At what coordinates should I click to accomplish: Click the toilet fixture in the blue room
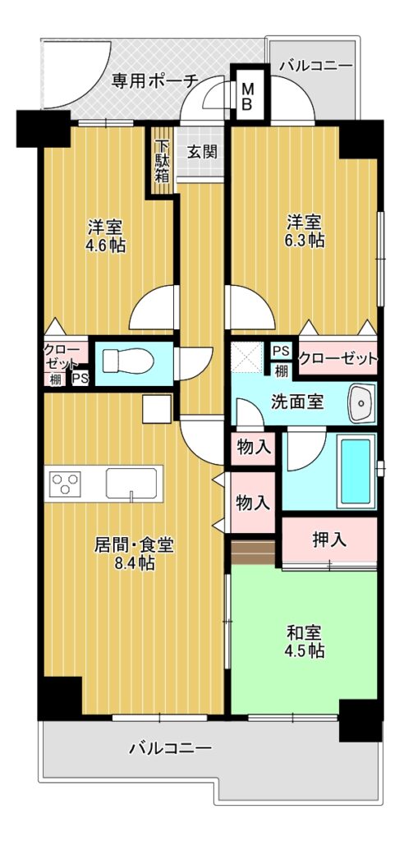tap(127, 361)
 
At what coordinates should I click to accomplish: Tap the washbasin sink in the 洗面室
tap(362, 403)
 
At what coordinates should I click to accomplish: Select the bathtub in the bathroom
tap(356, 471)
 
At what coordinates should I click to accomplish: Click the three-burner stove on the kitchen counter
tap(65, 483)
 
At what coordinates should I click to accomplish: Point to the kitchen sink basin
tap(131, 483)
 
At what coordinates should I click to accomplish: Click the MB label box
tap(247, 95)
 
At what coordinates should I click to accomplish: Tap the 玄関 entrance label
tap(202, 152)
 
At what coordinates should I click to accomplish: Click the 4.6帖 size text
tap(107, 246)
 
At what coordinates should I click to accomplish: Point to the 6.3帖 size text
tap(305, 240)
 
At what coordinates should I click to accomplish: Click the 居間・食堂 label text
tap(134, 545)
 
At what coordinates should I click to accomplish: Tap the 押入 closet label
tap(329, 540)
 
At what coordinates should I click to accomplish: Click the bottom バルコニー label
tap(170, 747)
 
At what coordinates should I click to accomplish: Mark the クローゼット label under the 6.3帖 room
tap(337, 358)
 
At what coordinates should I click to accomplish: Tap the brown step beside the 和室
tap(253, 552)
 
